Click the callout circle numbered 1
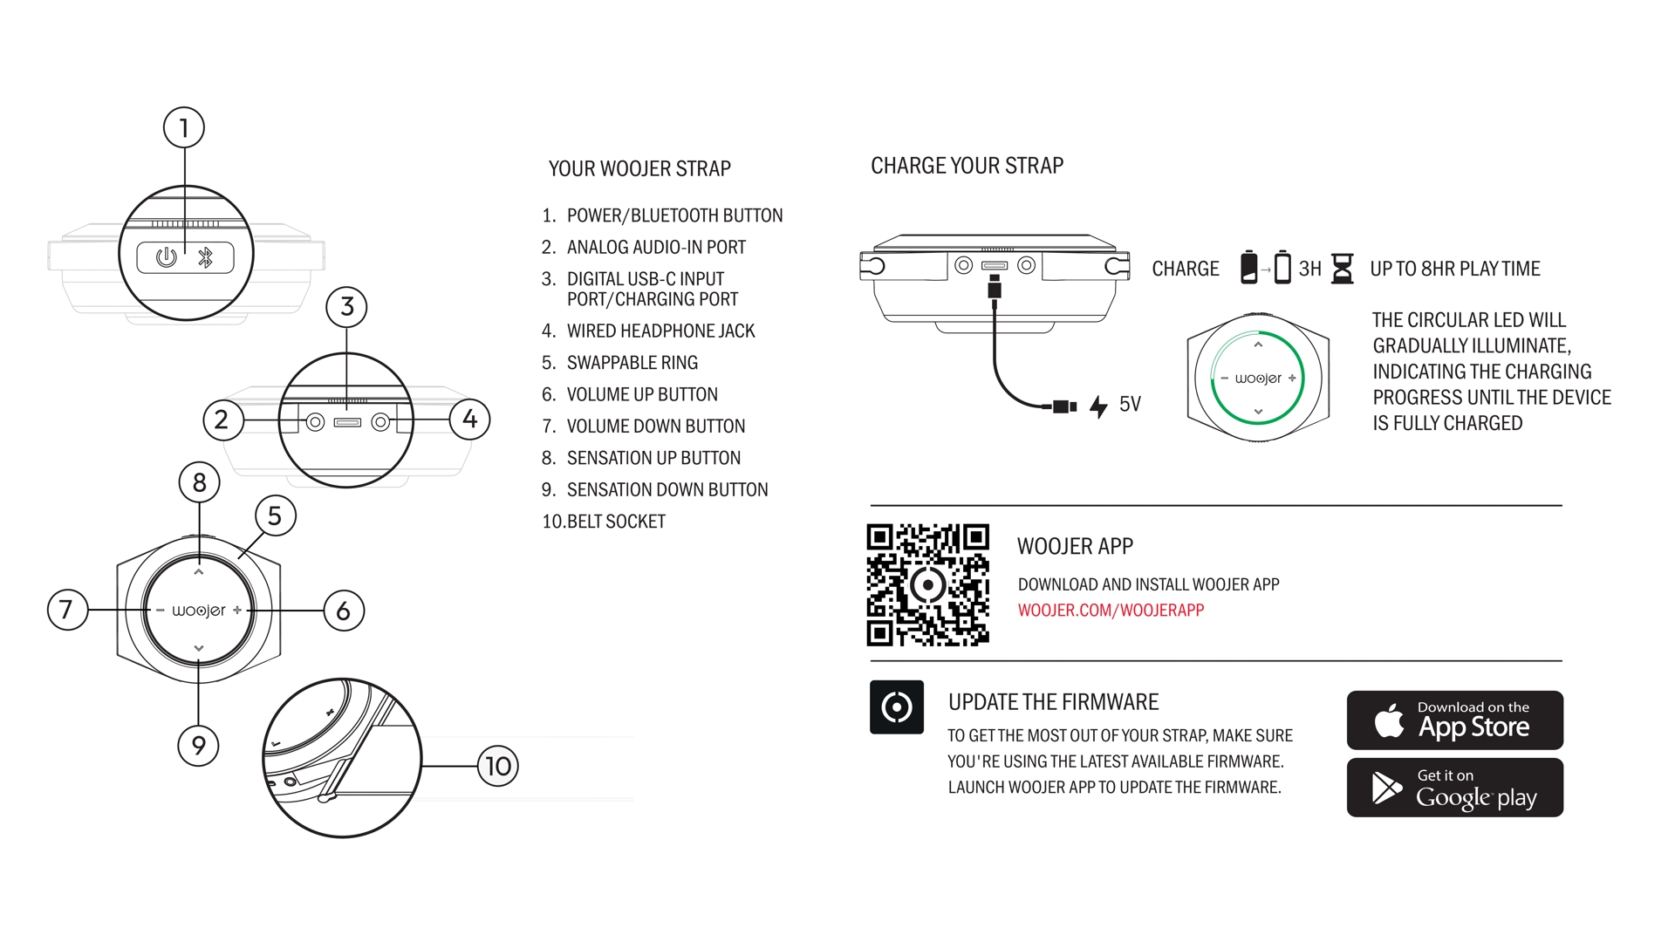[x=184, y=128]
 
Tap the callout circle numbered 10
[x=498, y=767]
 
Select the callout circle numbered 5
[x=275, y=516]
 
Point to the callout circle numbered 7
[x=67, y=610]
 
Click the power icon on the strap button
[x=166, y=257]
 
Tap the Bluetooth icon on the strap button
[x=206, y=257]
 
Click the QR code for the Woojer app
[x=927, y=584]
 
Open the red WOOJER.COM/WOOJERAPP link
[x=1111, y=611]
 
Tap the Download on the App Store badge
[x=1454, y=720]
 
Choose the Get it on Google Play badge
[x=1454, y=788]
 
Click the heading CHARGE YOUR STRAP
[x=967, y=166]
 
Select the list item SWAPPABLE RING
[x=632, y=363]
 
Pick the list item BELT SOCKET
[x=616, y=522]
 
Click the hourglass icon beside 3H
[x=1343, y=269]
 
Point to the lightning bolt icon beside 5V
[x=1098, y=406]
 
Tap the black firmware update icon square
[x=897, y=707]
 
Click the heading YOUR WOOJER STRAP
[x=639, y=168]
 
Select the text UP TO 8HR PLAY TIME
[x=1454, y=269]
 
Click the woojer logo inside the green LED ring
[x=1258, y=379]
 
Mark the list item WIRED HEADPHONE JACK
[x=660, y=331]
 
